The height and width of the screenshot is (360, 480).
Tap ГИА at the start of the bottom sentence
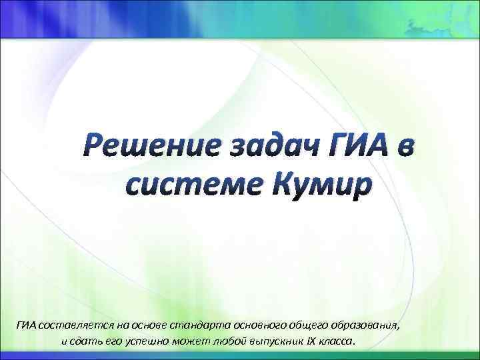click(27, 325)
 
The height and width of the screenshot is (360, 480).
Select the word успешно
click(153, 341)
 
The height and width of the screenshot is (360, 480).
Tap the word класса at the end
click(341, 341)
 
